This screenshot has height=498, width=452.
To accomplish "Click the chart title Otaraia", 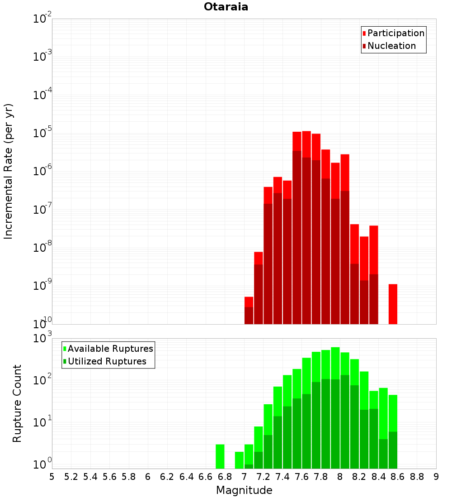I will pyautogui.click(x=226, y=7).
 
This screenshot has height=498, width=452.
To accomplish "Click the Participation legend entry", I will pyautogui.click(x=395, y=33).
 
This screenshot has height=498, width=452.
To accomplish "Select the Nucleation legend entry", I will pyautogui.click(x=391, y=46).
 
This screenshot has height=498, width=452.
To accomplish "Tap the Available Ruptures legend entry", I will pyautogui.click(x=110, y=349).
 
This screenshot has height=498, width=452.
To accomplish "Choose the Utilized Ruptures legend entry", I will pyautogui.click(x=107, y=361).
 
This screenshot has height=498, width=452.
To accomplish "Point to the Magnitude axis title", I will pyautogui.click(x=244, y=490).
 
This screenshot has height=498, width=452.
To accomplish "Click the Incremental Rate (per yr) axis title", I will pyautogui.click(x=9, y=171).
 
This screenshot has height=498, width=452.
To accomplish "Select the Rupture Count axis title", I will pyautogui.click(x=17, y=403).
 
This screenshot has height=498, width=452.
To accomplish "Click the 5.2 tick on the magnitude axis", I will pyautogui.click(x=71, y=477).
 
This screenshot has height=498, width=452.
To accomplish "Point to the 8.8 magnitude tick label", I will pyautogui.click(x=417, y=477).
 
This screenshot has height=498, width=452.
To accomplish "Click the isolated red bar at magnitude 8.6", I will pyautogui.click(x=393, y=304).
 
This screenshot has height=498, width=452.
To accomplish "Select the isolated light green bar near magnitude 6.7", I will pyautogui.click(x=220, y=456).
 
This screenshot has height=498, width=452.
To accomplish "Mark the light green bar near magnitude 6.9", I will pyautogui.click(x=239, y=460).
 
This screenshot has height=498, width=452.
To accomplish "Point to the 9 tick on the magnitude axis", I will pyautogui.click(x=436, y=477).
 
